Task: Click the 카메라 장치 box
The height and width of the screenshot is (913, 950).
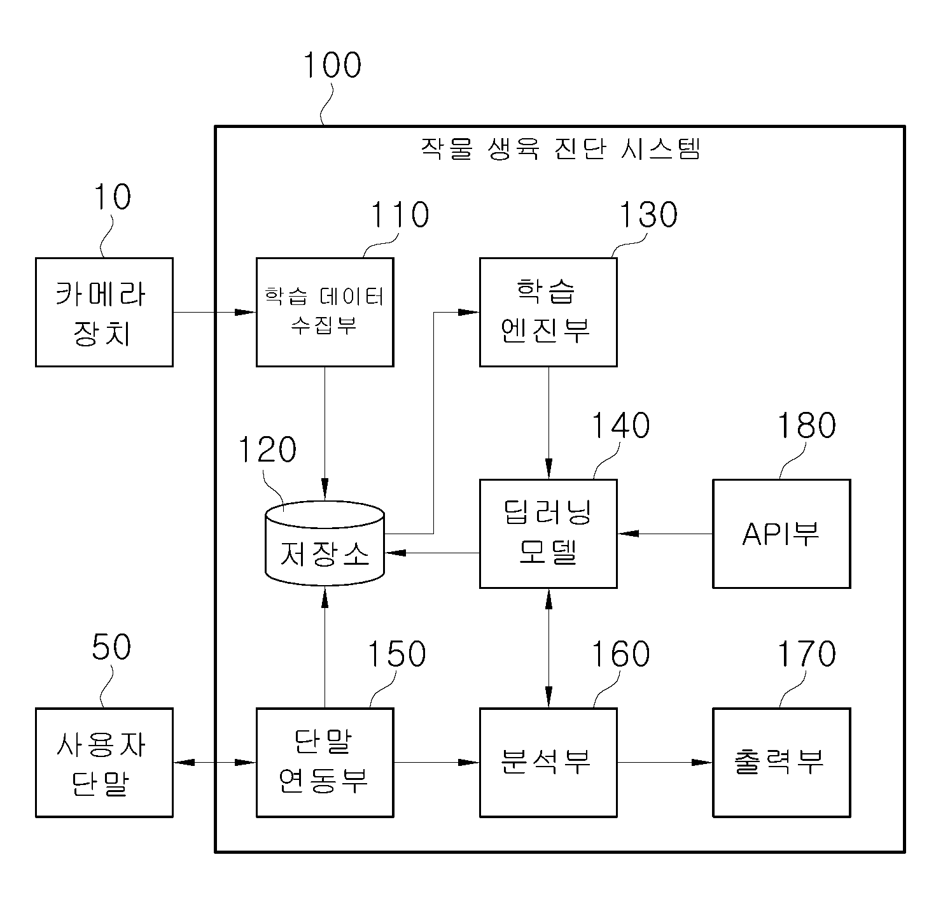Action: click(104, 312)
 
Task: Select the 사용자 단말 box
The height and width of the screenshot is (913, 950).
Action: click(104, 762)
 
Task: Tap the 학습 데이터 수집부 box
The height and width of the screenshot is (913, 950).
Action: click(325, 312)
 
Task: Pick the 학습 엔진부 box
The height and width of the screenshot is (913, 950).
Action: click(548, 312)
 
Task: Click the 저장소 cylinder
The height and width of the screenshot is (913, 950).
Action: click(325, 544)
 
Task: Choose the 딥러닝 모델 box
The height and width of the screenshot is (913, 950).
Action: click(548, 534)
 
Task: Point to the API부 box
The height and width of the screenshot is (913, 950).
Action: click(781, 534)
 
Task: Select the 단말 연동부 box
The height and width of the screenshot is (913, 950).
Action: click(325, 762)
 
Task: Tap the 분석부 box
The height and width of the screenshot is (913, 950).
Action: click(548, 762)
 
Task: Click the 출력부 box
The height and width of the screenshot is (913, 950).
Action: click(781, 762)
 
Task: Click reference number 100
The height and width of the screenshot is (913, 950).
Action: click(332, 66)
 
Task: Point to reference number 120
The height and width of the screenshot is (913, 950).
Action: click(267, 450)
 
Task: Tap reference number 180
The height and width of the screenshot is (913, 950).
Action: click(807, 425)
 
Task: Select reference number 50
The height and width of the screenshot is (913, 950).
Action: click(111, 647)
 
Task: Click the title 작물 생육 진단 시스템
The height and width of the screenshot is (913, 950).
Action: click(560, 150)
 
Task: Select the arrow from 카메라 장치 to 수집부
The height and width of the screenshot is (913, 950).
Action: click(214, 312)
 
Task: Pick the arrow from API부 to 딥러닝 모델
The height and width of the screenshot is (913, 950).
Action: click(665, 534)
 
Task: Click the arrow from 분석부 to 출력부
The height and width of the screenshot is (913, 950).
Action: click(665, 762)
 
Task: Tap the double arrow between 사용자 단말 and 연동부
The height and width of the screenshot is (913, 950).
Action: click(214, 762)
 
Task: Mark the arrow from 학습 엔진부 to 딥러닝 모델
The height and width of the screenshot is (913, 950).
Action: click(548, 423)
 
